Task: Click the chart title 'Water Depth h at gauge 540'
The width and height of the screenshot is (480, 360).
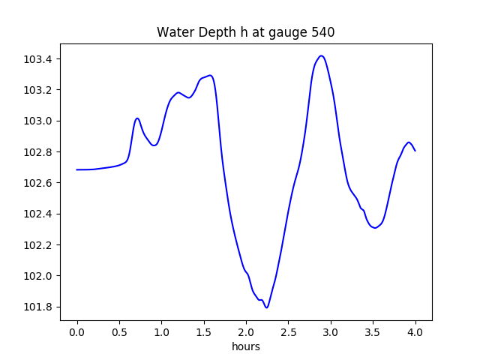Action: (x=245, y=32)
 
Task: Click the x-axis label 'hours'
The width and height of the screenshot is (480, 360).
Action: (x=245, y=347)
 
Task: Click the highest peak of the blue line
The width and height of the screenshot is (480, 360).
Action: (x=321, y=55)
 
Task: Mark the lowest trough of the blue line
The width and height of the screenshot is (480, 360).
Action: (x=266, y=307)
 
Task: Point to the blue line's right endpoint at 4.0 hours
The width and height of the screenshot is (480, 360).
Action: (x=415, y=151)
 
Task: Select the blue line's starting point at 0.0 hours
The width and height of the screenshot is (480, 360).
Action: (x=77, y=169)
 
